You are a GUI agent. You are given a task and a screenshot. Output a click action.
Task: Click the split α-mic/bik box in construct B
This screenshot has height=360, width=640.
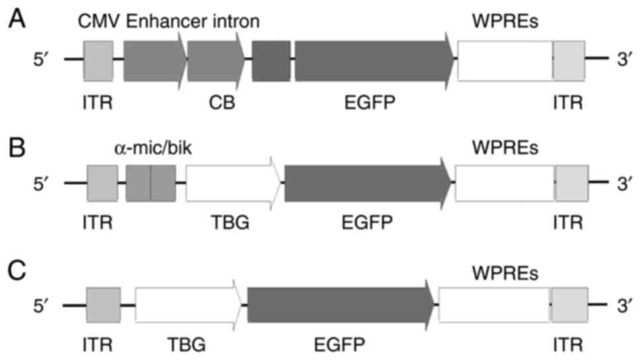point(151,182)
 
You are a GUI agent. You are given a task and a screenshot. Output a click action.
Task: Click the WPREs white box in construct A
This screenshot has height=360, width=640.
point(505,60)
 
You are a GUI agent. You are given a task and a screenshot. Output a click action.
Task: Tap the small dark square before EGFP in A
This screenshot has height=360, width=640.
point(271,60)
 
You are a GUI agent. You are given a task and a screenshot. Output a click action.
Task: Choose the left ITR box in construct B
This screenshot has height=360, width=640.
point(102,182)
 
